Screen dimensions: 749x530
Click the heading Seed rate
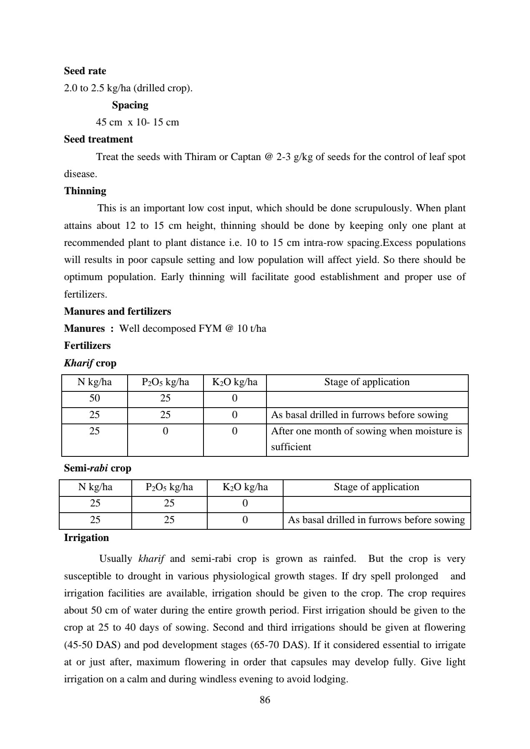pyautogui.click(x=85, y=71)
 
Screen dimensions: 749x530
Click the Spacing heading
pyautogui.click(x=130, y=105)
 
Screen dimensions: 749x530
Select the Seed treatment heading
pyautogui.click(x=98, y=139)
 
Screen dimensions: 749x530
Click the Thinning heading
pyautogui.click(x=85, y=191)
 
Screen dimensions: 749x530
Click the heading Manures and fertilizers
pyautogui.click(x=118, y=311)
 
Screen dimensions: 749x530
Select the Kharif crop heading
pyautogui.click(x=90, y=363)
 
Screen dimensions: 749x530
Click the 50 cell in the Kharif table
pyautogui.click(x=95, y=398)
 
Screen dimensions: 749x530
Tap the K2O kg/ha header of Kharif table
pyautogui.click(x=235, y=382)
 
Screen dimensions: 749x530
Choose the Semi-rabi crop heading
pyautogui.click(x=98, y=468)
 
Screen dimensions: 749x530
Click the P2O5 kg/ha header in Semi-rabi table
pyautogui.click(x=169, y=487)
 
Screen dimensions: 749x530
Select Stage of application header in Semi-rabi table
pyautogui.click(x=376, y=487)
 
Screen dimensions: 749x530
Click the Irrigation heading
pyautogui.click(x=86, y=538)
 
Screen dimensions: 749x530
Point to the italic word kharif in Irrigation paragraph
pyautogui.click(x=151, y=559)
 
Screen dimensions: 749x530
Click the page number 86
pyautogui.click(x=265, y=700)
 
